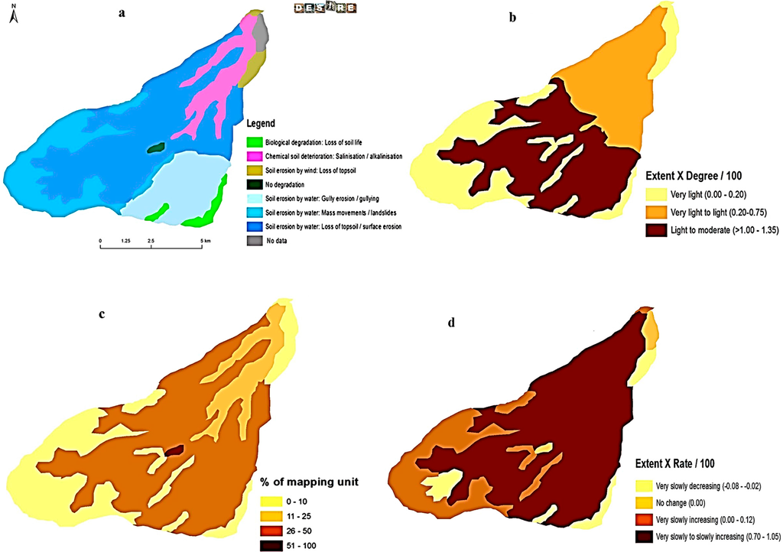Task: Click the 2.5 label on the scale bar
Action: pos(151,241)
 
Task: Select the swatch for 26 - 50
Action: pos(271,530)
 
